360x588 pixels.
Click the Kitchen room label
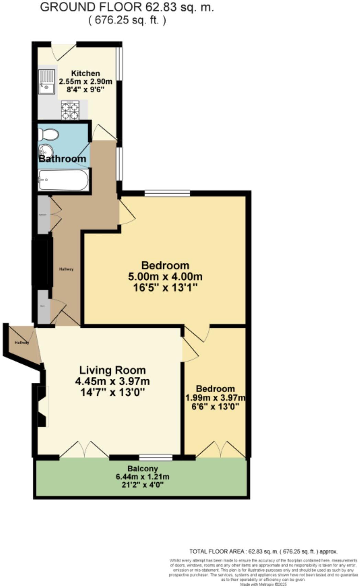[86, 73]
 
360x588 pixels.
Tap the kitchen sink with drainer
[46, 82]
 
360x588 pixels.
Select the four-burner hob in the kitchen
[70, 110]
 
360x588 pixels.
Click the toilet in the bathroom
[48, 134]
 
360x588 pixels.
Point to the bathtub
[63, 180]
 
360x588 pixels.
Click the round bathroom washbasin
[45, 150]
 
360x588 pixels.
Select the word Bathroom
[62, 159]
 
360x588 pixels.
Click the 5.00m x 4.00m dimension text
[165, 276]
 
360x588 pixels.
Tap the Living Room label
[112, 370]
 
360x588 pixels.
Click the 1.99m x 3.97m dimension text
[215, 398]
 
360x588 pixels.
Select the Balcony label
[143, 468]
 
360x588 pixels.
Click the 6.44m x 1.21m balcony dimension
[143, 477]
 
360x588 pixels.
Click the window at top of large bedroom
[167, 194]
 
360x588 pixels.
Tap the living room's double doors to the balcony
[85, 450]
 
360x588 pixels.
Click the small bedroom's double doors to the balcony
[221, 450]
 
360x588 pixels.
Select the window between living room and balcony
[156, 457]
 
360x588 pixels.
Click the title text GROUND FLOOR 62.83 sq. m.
[127, 7]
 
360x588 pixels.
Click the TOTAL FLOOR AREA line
[263, 552]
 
